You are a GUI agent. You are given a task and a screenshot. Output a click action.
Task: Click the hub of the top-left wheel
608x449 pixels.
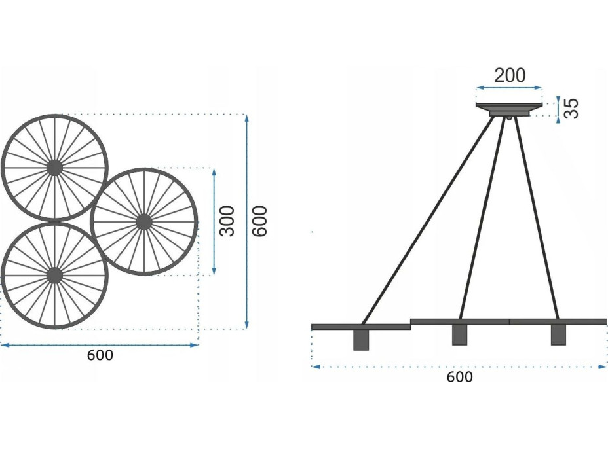[x=54, y=168]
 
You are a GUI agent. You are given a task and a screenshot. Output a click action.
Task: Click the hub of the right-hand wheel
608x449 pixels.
[x=143, y=222]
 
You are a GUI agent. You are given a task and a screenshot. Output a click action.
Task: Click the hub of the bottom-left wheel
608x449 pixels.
[x=54, y=275]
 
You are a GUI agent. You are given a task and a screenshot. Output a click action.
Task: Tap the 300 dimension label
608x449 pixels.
[x=227, y=221]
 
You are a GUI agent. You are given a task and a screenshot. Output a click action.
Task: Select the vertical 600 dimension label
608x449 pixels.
[x=259, y=221]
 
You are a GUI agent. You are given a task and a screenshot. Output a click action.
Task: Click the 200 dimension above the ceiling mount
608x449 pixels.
[x=510, y=75]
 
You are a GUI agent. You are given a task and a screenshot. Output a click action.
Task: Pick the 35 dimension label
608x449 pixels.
[x=572, y=109]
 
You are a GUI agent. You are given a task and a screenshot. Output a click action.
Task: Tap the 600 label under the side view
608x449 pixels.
[x=459, y=377]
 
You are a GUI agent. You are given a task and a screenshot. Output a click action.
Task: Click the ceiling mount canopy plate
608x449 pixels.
[x=509, y=106]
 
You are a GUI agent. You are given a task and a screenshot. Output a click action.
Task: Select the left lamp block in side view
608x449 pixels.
[x=360, y=339]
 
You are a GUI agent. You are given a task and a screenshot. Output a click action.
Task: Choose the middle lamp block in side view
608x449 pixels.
[x=459, y=335]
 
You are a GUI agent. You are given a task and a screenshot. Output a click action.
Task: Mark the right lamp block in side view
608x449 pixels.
[x=558, y=335]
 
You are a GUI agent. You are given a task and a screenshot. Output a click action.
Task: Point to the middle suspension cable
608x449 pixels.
[x=483, y=219]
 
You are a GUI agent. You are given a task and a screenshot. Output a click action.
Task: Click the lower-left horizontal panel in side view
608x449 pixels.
[x=360, y=326]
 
